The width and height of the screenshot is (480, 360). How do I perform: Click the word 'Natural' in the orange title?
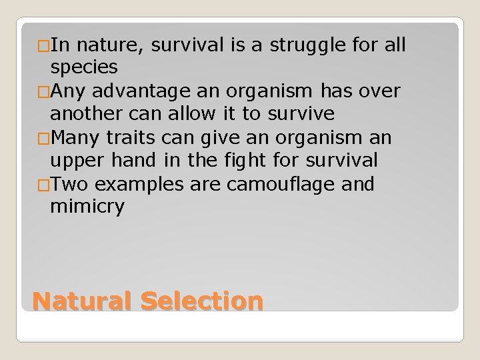click(83, 301)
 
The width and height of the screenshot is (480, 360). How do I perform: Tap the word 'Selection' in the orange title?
click(202, 301)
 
